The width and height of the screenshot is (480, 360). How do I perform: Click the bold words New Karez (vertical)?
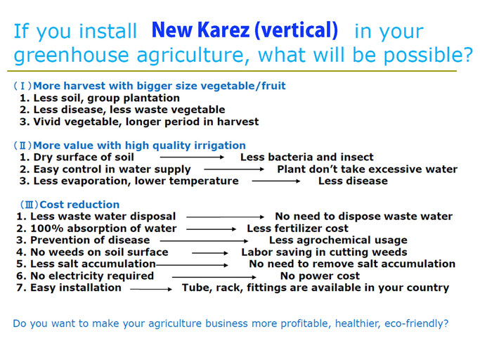click(x=245, y=30)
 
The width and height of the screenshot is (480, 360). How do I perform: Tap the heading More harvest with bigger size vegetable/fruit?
click(x=160, y=86)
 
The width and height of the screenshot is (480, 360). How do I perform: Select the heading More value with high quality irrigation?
click(x=139, y=146)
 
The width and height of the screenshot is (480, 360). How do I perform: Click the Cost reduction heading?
click(x=79, y=205)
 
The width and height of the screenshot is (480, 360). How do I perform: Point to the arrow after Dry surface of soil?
click(x=192, y=157)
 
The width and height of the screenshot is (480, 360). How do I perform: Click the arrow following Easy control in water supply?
click(x=234, y=169)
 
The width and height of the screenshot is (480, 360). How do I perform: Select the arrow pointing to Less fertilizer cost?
click(x=212, y=229)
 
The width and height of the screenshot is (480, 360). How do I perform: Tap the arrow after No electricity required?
click(x=214, y=277)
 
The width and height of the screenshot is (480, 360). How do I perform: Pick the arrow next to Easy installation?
click(x=151, y=289)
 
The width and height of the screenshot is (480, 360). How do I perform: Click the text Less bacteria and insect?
click(x=306, y=157)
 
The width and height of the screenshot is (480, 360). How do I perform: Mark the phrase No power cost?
click(x=320, y=276)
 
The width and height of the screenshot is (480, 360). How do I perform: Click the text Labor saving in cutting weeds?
click(x=324, y=252)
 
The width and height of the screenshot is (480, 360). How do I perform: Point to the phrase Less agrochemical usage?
click(x=338, y=240)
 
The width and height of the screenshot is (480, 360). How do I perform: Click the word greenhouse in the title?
click(x=71, y=55)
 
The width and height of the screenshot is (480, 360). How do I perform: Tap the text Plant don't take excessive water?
click(x=368, y=169)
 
